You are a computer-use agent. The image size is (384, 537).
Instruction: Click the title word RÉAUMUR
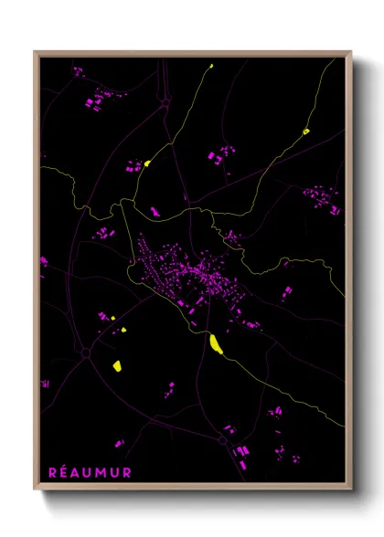coord(90,472)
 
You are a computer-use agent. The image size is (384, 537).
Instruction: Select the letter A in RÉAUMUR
coord(77,472)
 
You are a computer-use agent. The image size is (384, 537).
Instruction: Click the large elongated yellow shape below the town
coord(216,343)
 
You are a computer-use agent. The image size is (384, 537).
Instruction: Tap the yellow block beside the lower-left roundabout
coord(117,365)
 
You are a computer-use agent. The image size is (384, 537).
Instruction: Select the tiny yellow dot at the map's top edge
coord(210,66)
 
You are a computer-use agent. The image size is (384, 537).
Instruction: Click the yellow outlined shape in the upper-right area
coord(305,132)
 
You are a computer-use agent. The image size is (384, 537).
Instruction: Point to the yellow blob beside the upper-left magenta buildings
coord(146,164)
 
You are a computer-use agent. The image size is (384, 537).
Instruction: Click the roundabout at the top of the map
coord(166,103)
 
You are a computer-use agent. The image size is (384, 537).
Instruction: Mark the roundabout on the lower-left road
coord(85,352)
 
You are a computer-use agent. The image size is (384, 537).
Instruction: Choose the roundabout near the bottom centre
coord(223,439)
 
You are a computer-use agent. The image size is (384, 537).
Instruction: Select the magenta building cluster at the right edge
coord(321,198)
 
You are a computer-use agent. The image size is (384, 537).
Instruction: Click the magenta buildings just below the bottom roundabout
coord(240,453)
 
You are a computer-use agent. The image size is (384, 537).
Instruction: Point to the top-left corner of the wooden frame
coord(36,53)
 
